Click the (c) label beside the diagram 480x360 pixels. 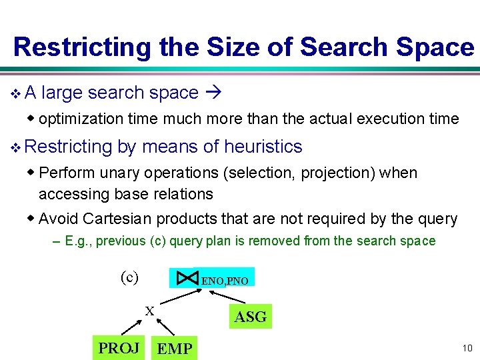coord(129,277)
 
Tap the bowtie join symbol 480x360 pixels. coord(187,277)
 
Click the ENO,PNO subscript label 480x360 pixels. coord(225,281)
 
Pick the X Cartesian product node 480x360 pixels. coord(149,310)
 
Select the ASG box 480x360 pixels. coord(250,317)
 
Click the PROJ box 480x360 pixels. coord(119,347)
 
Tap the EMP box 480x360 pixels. coord(175,348)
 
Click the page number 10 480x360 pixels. coord(466,348)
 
